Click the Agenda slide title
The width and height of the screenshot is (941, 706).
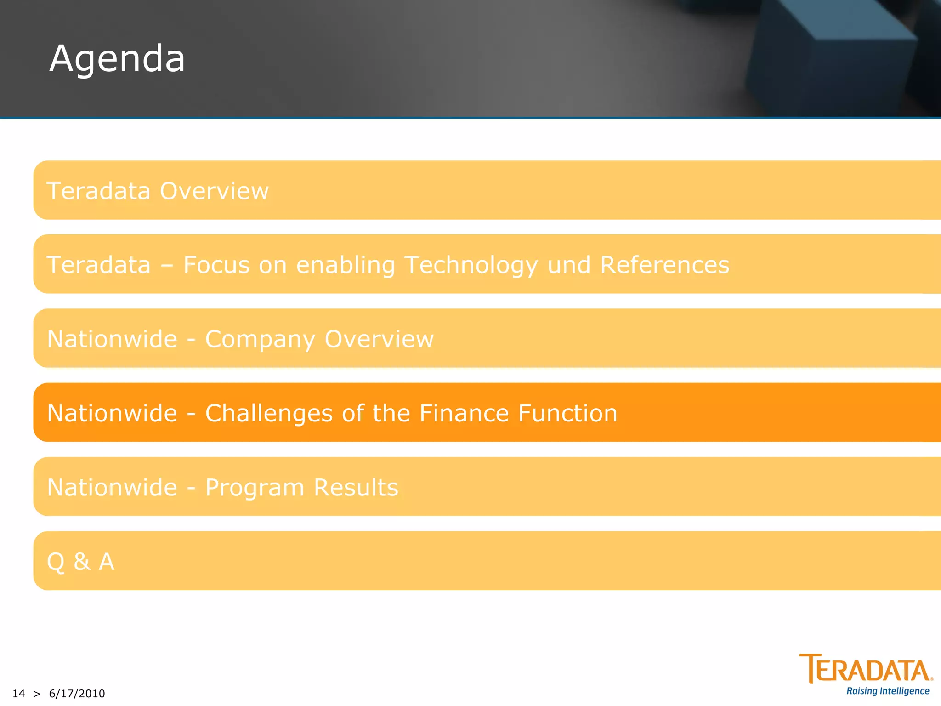117,59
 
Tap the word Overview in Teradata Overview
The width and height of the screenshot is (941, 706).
214,191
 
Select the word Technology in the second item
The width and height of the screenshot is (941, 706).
471,265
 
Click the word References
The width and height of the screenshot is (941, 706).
664,265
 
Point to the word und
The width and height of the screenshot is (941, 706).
569,265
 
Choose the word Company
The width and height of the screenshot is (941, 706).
260,340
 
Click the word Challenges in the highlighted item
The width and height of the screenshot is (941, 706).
269,413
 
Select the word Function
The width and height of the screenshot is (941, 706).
568,413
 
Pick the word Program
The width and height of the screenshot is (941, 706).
254,488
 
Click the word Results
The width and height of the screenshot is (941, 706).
356,487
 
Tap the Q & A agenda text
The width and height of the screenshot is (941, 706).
81,562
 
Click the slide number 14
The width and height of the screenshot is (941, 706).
18,694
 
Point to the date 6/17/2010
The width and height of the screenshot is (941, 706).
77,694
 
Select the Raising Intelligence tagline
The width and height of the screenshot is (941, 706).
888,691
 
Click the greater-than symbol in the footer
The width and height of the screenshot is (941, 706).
37,694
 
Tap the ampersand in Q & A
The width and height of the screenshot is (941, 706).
82,562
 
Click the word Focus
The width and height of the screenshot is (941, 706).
216,265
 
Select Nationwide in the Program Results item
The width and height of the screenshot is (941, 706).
112,487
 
